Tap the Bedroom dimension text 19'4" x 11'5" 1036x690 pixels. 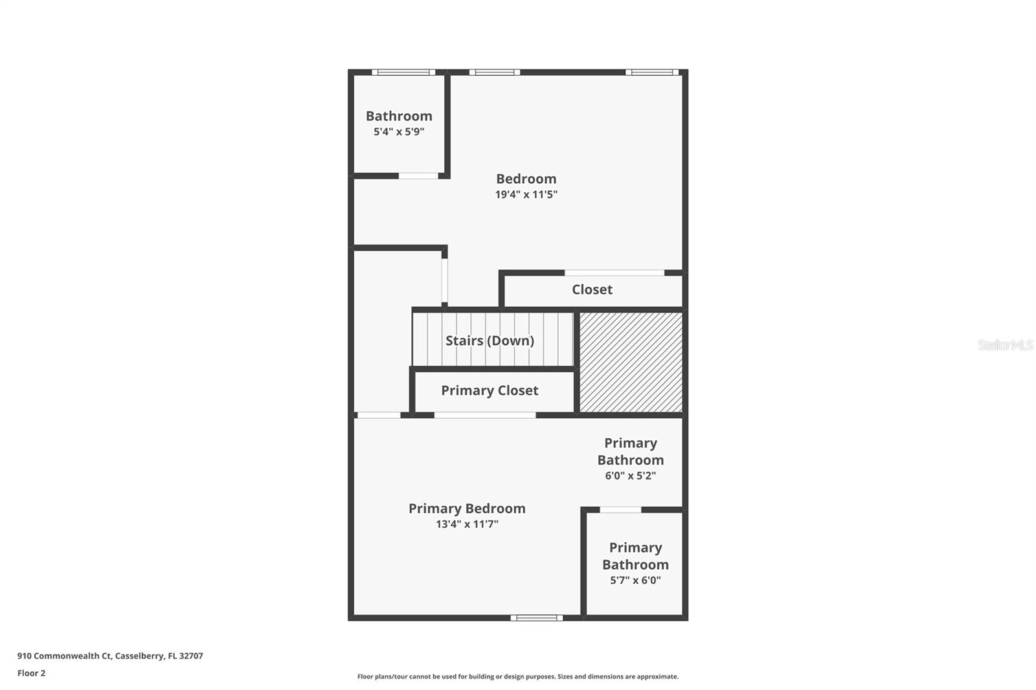point(526,194)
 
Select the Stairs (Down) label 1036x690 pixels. point(490,341)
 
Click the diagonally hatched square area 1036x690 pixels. point(631,362)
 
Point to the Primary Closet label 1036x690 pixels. point(490,391)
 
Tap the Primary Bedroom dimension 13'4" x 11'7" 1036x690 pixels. point(467,524)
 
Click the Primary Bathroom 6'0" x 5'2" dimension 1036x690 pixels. point(631,475)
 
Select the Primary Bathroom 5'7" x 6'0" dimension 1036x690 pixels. point(635,580)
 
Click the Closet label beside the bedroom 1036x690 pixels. point(592,289)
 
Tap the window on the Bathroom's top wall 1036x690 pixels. point(403,72)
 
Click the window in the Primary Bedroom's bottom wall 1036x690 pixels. point(537,618)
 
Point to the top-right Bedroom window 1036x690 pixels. point(652,72)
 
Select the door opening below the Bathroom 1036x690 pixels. point(418,176)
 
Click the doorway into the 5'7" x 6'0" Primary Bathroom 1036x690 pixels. point(621,509)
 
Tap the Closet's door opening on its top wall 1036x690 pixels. point(614,273)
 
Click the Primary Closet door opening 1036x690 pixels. point(485,416)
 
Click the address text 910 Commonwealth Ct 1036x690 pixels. point(65,656)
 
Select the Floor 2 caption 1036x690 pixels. point(32,673)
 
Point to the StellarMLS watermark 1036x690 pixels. point(1006,344)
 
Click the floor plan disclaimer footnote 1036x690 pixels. point(518,676)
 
